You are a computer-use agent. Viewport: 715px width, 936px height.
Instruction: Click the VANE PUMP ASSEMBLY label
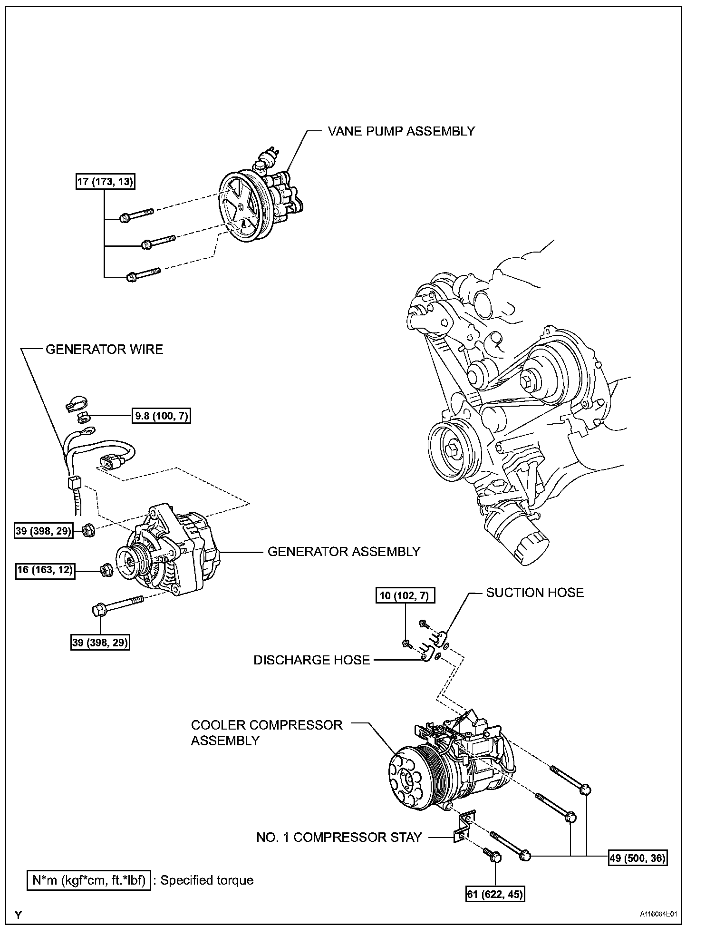click(x=401, y=131)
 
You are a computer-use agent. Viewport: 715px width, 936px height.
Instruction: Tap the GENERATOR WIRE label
click(x=104, y=350)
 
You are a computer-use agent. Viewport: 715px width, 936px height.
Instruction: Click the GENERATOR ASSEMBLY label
click(x=344, y=552)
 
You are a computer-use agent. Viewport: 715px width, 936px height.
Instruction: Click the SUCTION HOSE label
click(x=534, y=593)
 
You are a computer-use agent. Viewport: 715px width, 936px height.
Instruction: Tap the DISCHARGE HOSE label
click(x=311, y=660)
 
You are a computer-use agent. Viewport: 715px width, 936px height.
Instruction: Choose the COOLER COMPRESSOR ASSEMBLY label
click(x=266, y=732)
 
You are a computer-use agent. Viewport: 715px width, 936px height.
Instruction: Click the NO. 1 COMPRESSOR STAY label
click(x=339, y=838)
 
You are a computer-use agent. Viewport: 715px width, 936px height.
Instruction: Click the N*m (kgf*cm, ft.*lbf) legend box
click(x=89, y=880)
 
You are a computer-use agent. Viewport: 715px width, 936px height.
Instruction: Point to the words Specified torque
click(x=207, y=880)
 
